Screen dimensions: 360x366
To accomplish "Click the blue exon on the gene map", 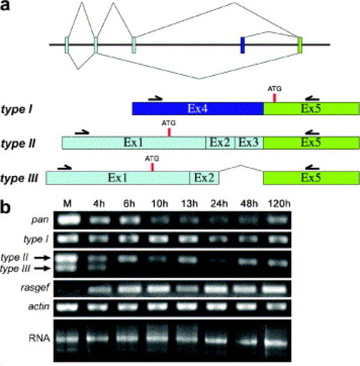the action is [x=243, y=45].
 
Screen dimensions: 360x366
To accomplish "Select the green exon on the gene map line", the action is [x=300, y=45].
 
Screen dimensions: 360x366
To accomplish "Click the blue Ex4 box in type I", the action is [x=198, y=109].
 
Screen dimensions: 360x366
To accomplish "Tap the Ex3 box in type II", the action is [x=249, y=143].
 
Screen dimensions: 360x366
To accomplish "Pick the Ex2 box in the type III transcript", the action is [x=204, y=178].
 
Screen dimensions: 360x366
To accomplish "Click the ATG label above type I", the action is [x=274, y=89].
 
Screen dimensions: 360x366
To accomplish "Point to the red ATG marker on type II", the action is [x=169, y=133].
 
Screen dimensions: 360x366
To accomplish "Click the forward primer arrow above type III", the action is [x=65, y=167].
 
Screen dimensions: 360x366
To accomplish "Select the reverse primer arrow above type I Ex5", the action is [x=312, y=98].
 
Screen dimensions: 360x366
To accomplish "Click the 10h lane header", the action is [x=160, y=204].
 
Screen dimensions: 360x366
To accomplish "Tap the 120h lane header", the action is [x=279, y=204].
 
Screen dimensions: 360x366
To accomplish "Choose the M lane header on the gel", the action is [x=68, y=204].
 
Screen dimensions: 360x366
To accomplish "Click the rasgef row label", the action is [x=35, y=287].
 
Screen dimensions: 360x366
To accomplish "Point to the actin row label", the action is [x=39, y=306].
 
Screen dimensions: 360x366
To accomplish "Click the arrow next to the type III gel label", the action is [x=42, y=269].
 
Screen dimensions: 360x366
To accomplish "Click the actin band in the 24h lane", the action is [x=218, y=307].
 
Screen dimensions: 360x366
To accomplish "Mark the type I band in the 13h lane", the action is [x=188, y=239].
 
